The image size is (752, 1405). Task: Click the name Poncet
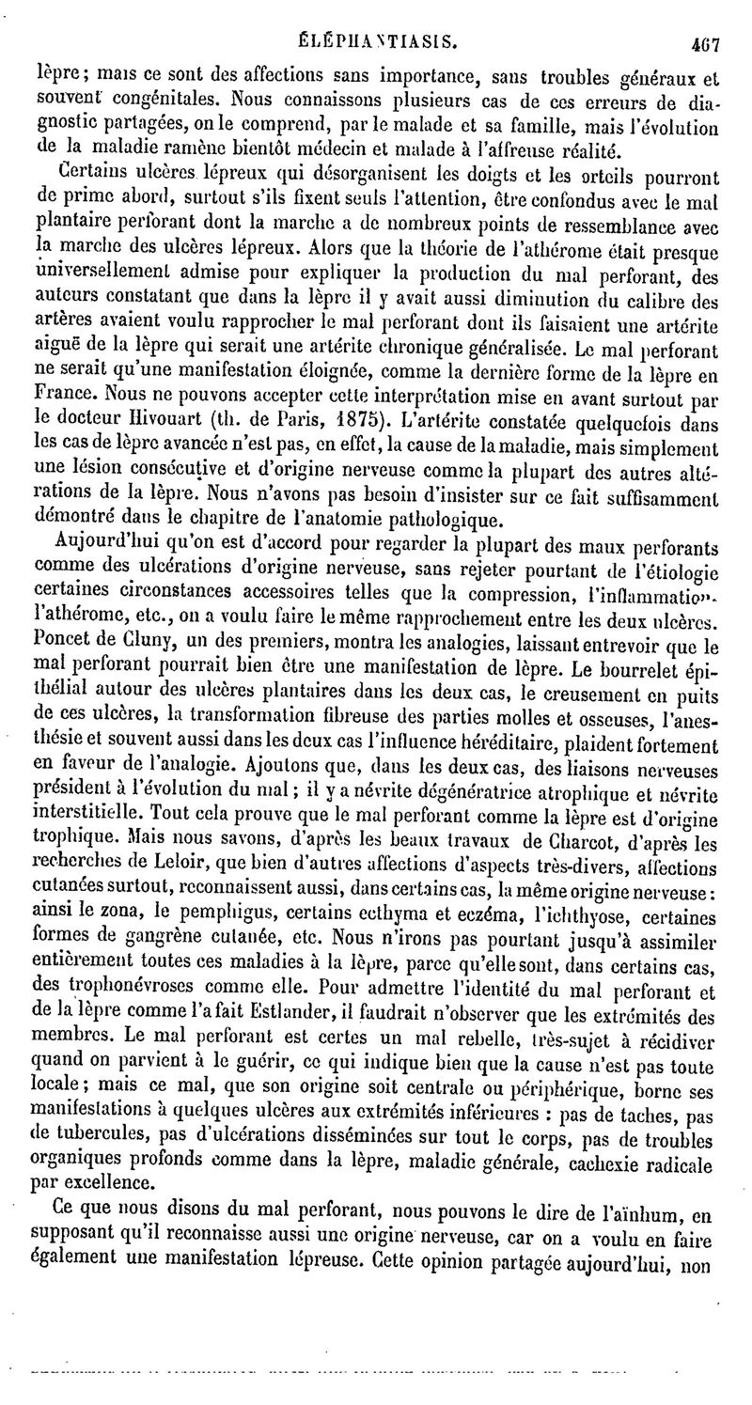point(63,626)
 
